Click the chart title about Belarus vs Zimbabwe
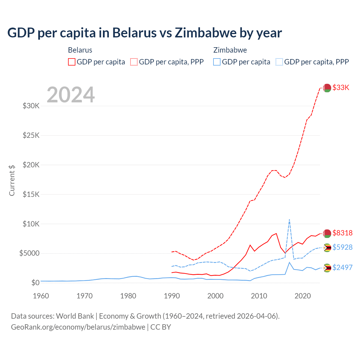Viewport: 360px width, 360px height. pyautogui.click(x=145, y=33)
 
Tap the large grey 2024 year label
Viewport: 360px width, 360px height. pyautogui.click(x=71, y=95)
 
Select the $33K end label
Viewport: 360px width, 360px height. pyautogui.click(x=341, y=87)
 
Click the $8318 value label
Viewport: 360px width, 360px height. pyautogui.click(x=342, y=233)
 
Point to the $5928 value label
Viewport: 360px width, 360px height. pyautogui.click(x=342, y=247)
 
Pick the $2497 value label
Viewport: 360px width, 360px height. pyautogui.click(x=342, y=267)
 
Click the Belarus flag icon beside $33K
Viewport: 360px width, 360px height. pyautogui.click(x=327, y=88)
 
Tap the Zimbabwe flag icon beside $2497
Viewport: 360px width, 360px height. pyautogui.click(x=327, y=268)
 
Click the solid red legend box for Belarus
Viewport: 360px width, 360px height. pyautogui.click(x=72, y=62)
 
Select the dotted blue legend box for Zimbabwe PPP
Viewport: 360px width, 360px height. pyautogui.click(x=279, y=62)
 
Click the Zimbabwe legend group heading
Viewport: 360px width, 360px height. pyautogui.click(x=230, y=50)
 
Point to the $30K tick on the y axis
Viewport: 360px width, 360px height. pyautogui.click(x=31, y=106)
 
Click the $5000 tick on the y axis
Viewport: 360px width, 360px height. pyautogui.click(x=29, y=253)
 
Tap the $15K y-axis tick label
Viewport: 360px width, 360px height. pyautogui.click(x=31, y=194)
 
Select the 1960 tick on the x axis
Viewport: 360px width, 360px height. pyautogui.click(x=41, y=296)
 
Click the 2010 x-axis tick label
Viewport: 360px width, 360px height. pyautogui.click(x=259, y=296)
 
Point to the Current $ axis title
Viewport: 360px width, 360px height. pyautogui.click(x=12, y=180)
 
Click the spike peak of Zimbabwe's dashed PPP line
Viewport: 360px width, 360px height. pyautogui.click(x=289, y=220)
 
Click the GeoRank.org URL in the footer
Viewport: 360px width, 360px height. pyautogui.click(x=78, y=327)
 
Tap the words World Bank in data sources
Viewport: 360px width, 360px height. pyautogui.click(x=75, y=316)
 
